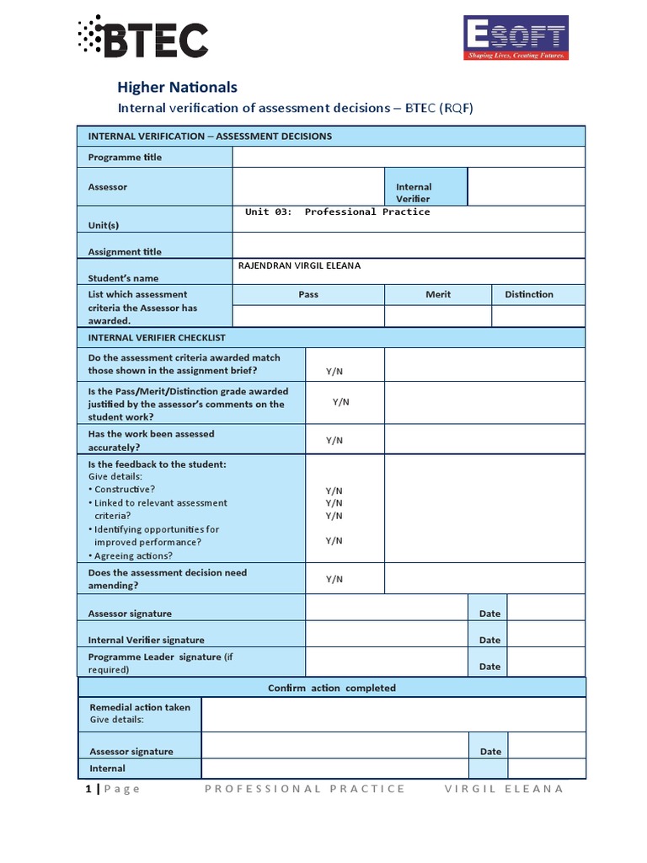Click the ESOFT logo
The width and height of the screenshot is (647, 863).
(516, 39)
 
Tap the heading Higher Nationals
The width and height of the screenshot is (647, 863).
(177, 87)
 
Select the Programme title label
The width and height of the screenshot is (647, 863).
(125, 158)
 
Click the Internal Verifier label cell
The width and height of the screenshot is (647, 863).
(414, 193)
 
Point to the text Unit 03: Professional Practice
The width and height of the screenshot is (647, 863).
(337, 212)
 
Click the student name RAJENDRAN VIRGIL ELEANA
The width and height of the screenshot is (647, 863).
(300, 265)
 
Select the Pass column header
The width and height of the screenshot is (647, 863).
(308, 294)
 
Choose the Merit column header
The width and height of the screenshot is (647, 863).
(438, 294)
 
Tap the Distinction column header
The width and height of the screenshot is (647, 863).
(529, 294)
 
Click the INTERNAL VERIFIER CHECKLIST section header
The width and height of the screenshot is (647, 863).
(157, 338)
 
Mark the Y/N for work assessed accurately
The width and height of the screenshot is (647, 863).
(334, 441)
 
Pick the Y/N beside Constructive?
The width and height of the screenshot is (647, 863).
(334, 490)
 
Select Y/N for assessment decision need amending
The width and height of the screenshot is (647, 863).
(334, 579)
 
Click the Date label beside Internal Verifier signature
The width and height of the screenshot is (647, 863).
(489, 641)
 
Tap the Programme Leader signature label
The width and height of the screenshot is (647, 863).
(154, 657)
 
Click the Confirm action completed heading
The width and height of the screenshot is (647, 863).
(331, 689)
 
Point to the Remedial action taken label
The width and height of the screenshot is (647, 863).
(140, 708)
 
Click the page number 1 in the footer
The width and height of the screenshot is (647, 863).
(88, 789)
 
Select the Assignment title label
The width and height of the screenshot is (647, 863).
(125, 252)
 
